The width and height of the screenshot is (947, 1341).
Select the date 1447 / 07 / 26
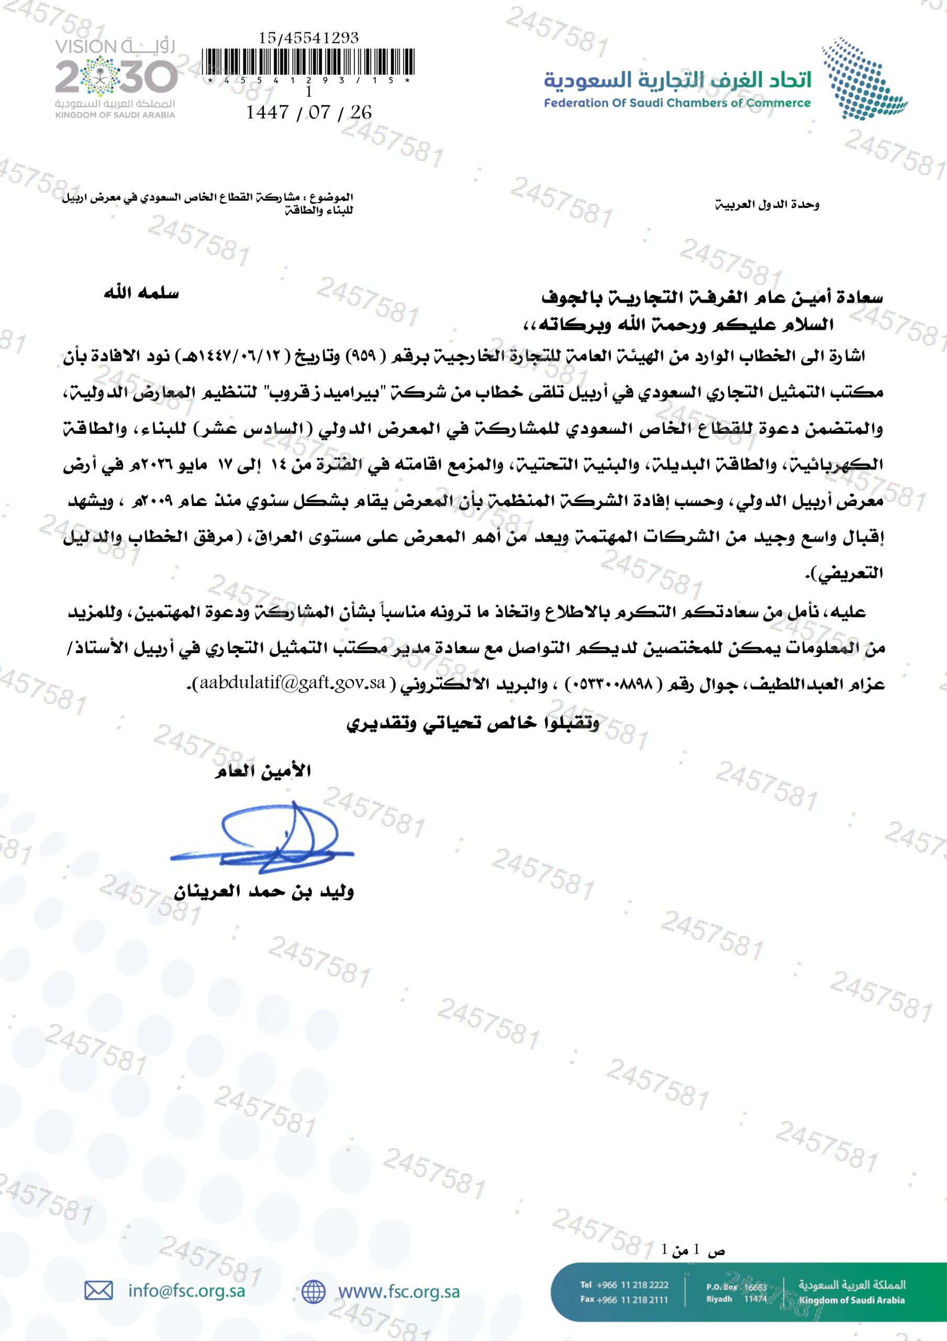click(308, 112)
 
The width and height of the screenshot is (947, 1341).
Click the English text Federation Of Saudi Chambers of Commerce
click(677, 103)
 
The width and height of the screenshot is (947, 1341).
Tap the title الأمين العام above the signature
click(262, 772)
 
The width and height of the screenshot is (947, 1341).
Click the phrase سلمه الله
click(141, 293)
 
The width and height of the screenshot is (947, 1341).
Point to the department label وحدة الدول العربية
click(767, 205)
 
